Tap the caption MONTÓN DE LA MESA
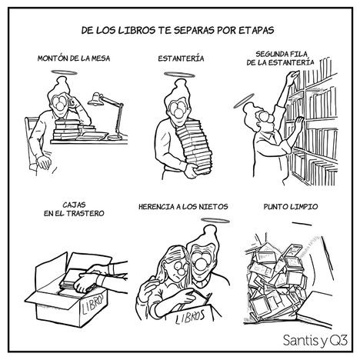[74, 58]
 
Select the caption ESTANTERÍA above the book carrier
[181, 58]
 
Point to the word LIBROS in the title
[137, 30]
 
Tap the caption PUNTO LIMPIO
[291, 206]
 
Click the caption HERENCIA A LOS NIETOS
[183, 206]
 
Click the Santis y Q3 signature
[315, 340]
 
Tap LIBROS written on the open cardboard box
[93, 303]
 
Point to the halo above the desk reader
[64, 72]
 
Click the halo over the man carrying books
[179, 75]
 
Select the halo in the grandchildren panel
[215, 221]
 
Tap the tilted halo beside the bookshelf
[243, 101]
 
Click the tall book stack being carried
[195, 145]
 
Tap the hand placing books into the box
[85, 282]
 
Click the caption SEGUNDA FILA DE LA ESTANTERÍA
[281, 58]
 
